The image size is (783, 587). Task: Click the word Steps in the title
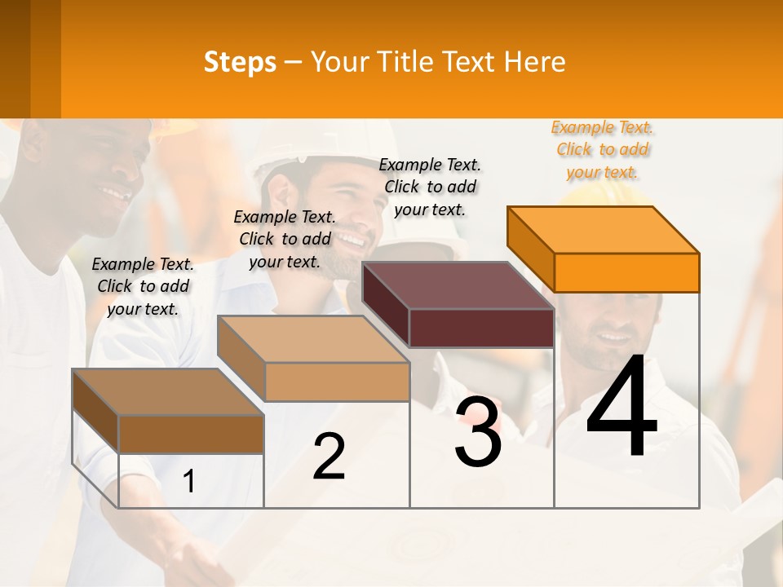click(x=240, y=62)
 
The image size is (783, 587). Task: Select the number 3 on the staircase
click(x=478, y=431)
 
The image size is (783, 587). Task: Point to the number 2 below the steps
click(x=330, y=457)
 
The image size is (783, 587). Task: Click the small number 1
click(x=189, y=482)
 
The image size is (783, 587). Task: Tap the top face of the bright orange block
click(x=602, y=229)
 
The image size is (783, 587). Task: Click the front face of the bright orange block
click(x=626, y=272)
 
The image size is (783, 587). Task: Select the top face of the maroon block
click(x=457, y=285)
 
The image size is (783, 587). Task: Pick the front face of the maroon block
click(x=481, y=329)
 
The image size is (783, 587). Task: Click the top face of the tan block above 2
click(x=312, y=338)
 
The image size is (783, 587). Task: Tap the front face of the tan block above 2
click(x=337, y=382)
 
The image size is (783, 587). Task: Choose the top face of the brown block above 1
click(x=167, y=391)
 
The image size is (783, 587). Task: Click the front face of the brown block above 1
click(x=191, y=434)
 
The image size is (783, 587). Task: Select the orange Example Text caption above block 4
click(x=603, y=150)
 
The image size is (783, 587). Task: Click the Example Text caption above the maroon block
click(x=431, y=187)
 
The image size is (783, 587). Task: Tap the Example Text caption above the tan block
click(x=285, y=239)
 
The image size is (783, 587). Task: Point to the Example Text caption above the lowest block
click(x=143, y=286)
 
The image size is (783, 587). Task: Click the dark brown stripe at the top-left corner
click(x=15, y=59)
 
